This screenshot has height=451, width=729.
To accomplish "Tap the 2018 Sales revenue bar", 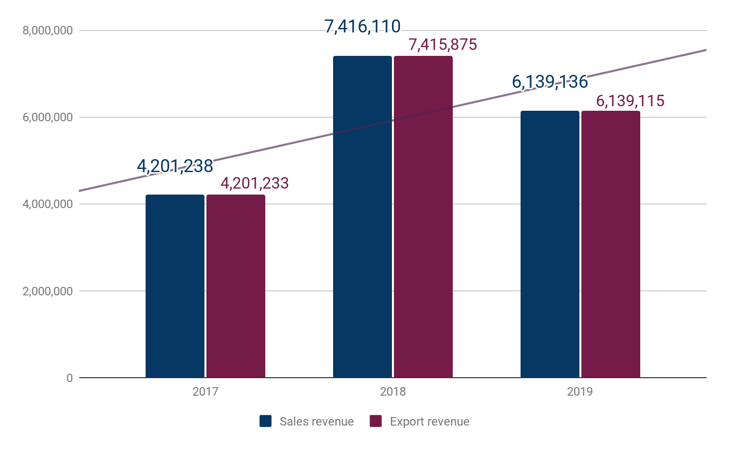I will point(362,217).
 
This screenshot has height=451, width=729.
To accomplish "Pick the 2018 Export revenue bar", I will point(423,217).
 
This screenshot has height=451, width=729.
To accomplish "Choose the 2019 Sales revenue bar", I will point(549,244).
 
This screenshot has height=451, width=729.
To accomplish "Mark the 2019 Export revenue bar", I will point(610,244).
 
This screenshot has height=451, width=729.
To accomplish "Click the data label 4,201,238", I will point(175,166).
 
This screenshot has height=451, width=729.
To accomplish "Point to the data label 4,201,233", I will point(254,183).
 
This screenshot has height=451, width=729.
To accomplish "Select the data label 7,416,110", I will point(362,26).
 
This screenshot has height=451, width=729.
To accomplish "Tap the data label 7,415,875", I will point(443,45).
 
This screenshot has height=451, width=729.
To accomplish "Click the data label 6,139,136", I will point(550,82).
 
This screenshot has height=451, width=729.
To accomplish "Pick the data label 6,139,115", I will point(630,101).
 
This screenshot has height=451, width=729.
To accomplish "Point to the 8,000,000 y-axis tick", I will point(48,30).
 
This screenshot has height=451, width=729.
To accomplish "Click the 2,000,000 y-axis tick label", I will point(48,291).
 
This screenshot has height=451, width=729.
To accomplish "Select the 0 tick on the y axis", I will point(69,378).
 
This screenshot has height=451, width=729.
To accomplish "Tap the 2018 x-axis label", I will point(392,392).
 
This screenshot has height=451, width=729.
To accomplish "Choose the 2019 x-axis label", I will point(579,392).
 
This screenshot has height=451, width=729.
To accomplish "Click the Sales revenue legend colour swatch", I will point(265,421).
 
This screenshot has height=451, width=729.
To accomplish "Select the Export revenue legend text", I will point(429,422).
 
